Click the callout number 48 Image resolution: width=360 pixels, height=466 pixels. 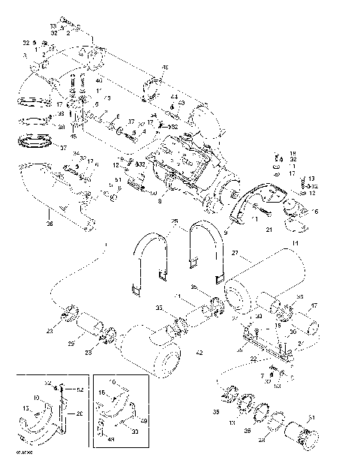(165, 68)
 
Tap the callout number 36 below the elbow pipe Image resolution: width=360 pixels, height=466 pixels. (29, 222)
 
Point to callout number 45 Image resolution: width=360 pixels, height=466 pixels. (73, 136)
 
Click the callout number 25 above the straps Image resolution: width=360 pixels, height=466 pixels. (175, 222)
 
